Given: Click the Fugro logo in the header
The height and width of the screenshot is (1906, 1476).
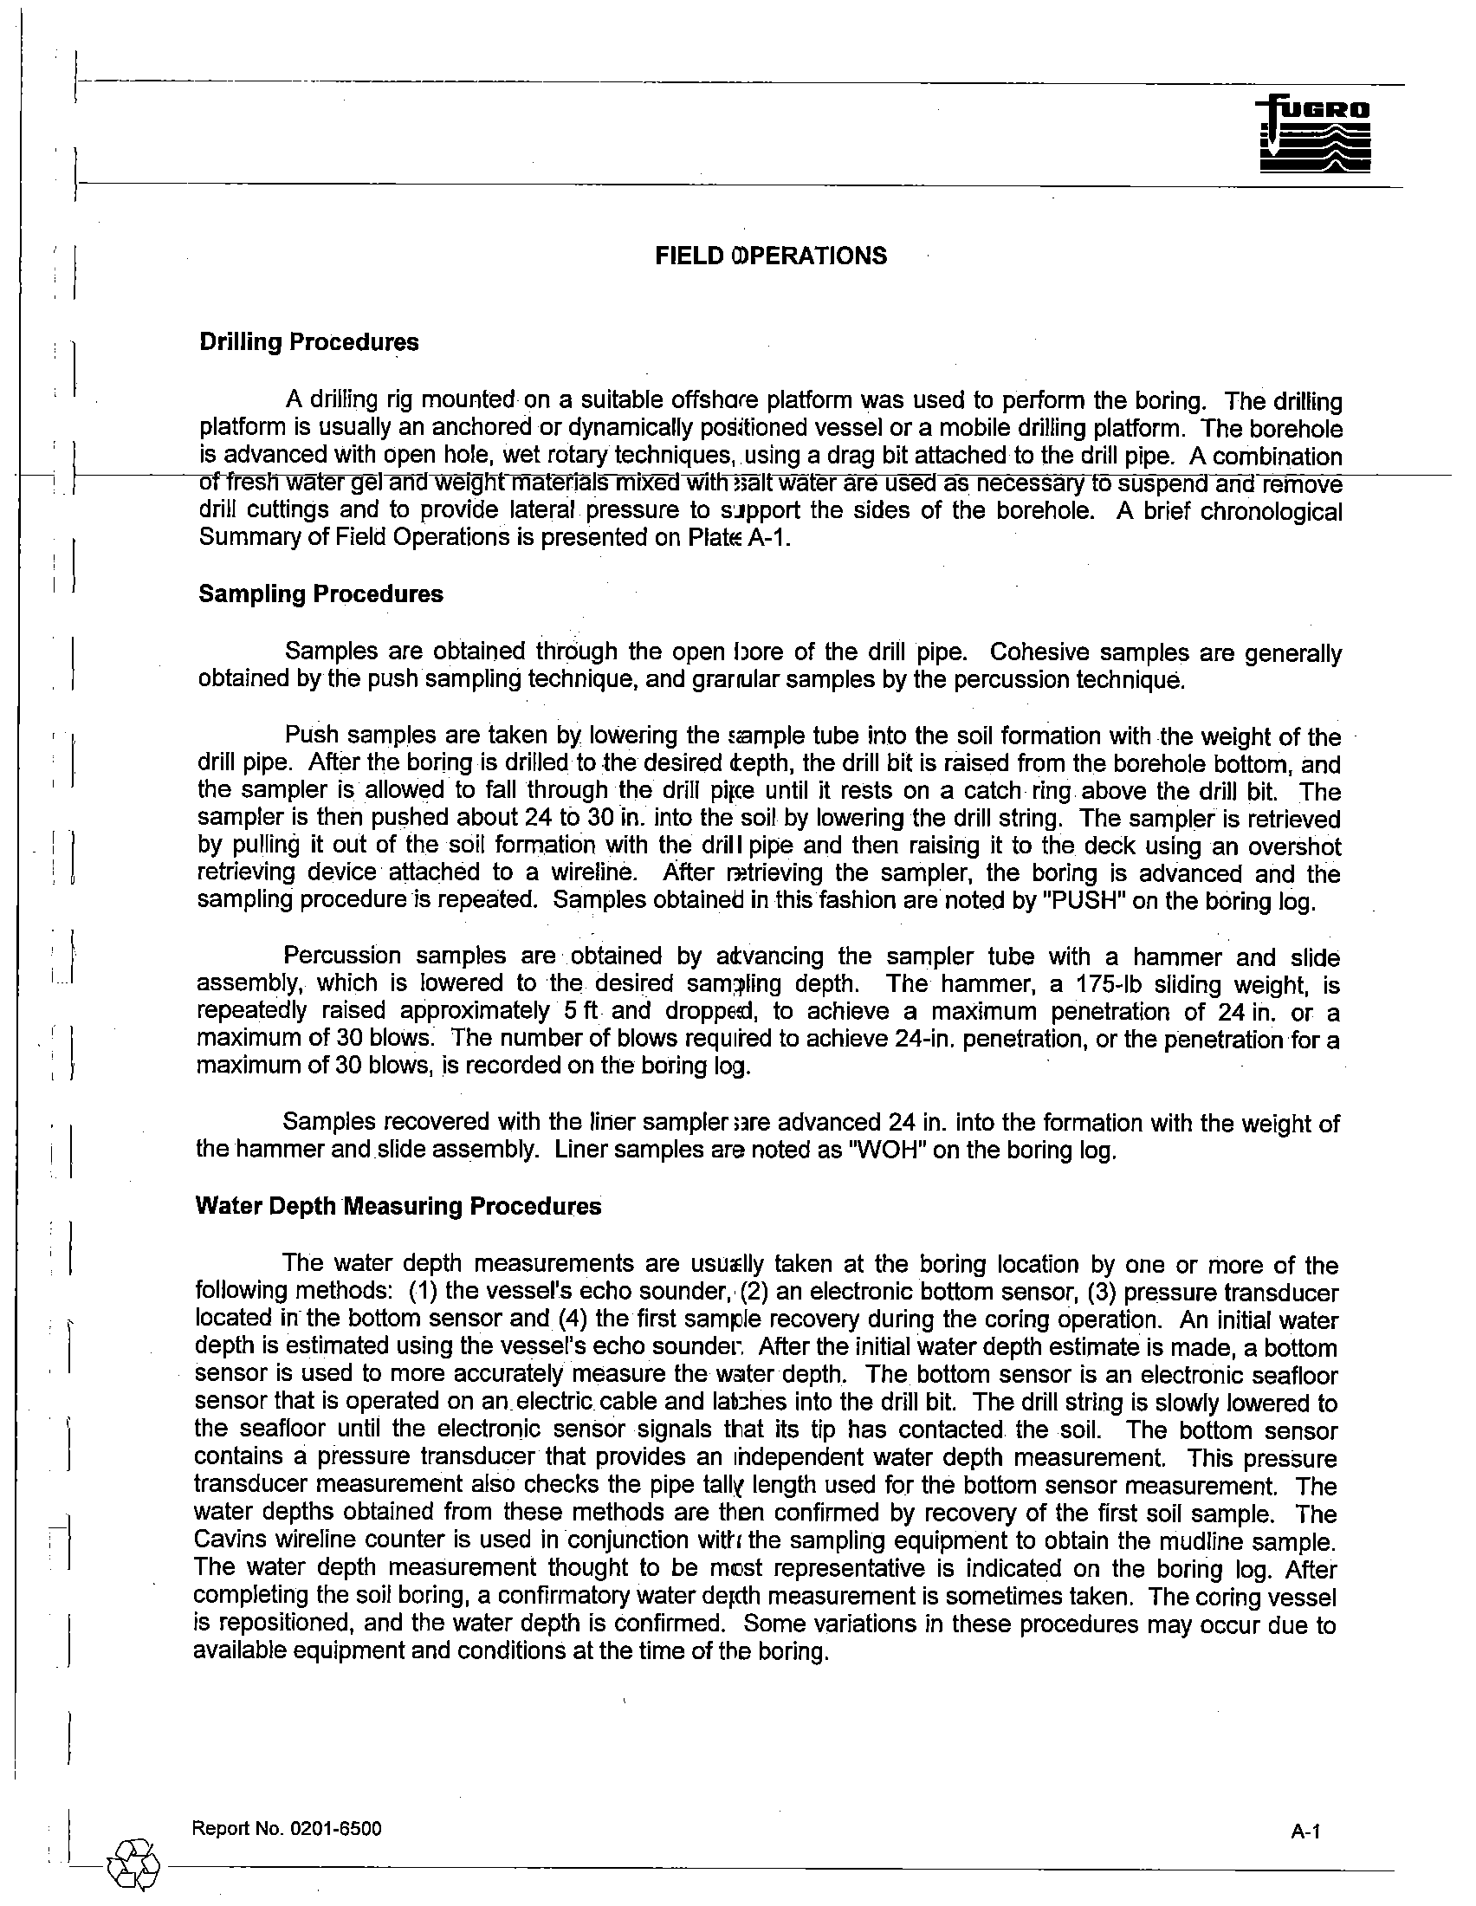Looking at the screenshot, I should (1316, 135).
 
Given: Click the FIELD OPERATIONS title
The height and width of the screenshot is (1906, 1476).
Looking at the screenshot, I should (771, 256).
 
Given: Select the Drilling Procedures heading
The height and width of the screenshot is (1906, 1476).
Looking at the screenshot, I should (309, 342).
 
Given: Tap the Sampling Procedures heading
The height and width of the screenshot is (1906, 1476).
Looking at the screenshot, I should (321, 594).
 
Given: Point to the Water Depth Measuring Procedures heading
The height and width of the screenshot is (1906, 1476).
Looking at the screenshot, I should (398, 1206).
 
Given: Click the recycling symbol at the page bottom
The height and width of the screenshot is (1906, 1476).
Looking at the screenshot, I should (133, 1865).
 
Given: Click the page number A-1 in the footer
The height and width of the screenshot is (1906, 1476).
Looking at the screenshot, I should (1306, 1831).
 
